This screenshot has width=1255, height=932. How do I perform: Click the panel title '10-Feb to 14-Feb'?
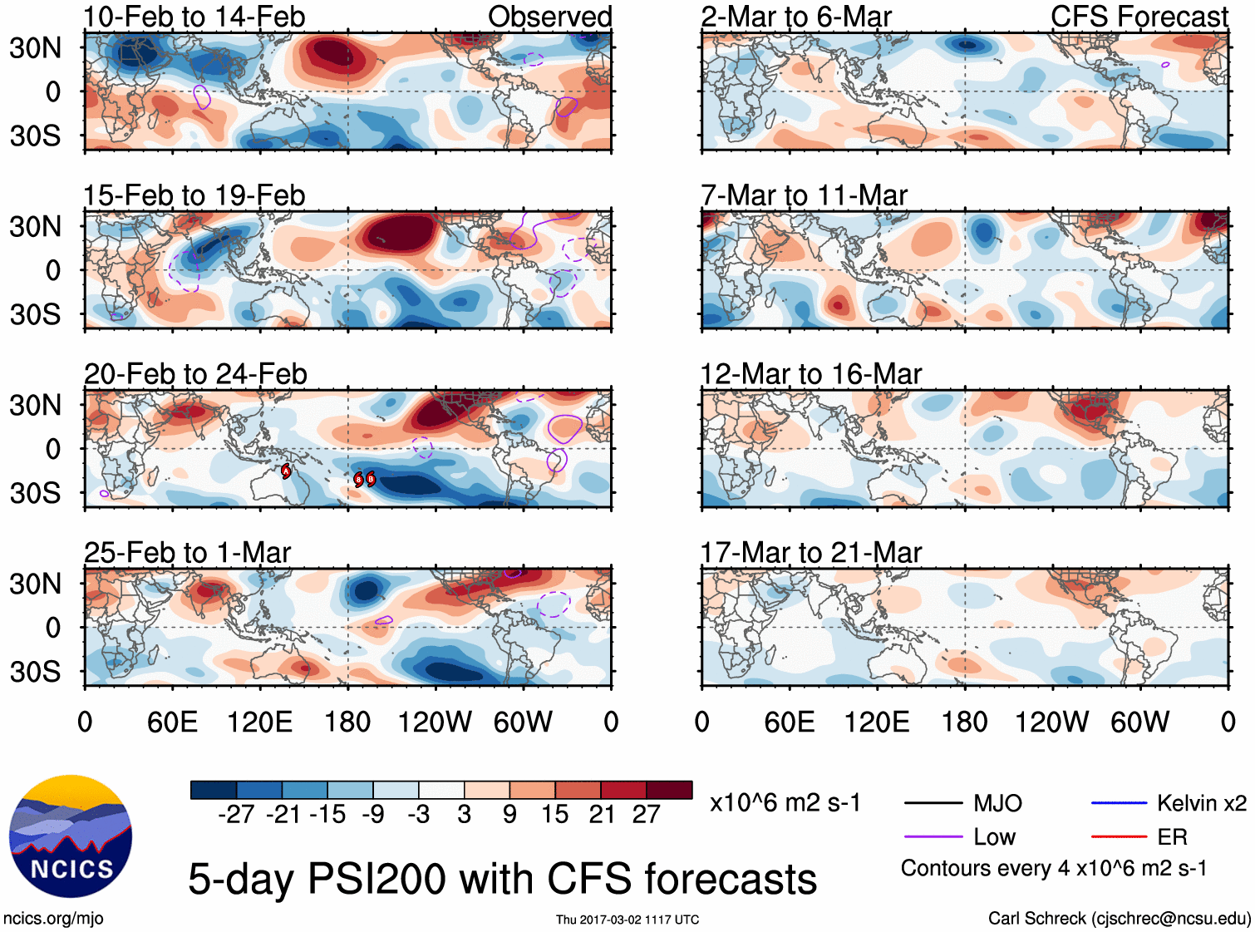(194, 17)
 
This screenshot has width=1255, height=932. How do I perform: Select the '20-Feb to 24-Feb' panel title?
(195, 374)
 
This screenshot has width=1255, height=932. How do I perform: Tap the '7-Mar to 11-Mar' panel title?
(804, 195)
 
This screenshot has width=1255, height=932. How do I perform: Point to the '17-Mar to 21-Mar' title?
(811, 553)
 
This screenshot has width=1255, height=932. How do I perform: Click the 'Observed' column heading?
(549, 17)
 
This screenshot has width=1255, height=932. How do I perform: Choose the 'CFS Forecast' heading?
(1139, 17)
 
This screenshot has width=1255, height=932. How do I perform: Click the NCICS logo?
(71, 836)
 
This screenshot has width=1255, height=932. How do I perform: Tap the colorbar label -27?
(236, 815)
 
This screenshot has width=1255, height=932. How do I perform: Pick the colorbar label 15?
(554, 815)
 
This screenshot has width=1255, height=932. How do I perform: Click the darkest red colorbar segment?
(669, 790)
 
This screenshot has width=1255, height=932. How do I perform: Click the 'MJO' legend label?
(997, 803)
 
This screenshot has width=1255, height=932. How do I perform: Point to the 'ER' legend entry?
(1172, 837)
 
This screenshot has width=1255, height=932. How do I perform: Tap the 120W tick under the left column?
(435, 722)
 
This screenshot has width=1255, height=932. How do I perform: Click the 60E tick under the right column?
(790, 722)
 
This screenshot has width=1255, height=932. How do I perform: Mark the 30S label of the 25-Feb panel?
(36, 671)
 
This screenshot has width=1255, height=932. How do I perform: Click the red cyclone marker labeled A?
(286, 471)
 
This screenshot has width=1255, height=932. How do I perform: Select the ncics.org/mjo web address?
(53, 919)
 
